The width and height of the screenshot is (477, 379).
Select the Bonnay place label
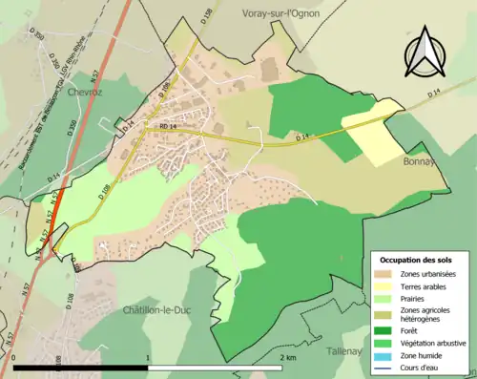pos(413,162)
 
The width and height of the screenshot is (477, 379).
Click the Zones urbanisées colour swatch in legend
pos(385,275)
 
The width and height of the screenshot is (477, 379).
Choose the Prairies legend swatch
pos(385,300)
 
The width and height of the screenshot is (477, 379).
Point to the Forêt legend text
pos(415,331)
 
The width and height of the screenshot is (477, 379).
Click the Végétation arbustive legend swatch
pos(385,344)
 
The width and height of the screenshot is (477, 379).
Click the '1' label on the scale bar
pos(147,356)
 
